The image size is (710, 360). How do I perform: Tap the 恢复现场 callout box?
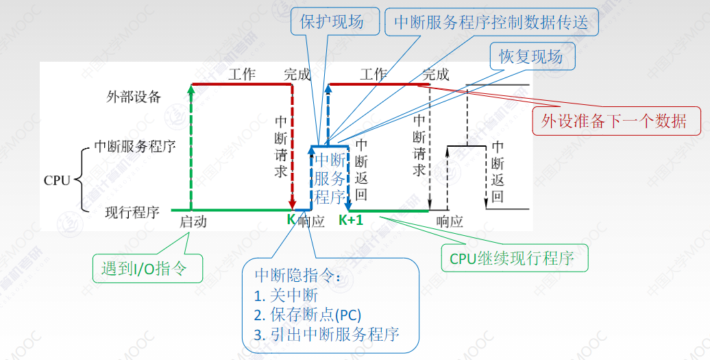pyautogui.click(x=532, y=57)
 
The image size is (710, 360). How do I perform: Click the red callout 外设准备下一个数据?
pyautogui.click(x=616, y=121)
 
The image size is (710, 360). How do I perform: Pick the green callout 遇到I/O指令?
pyautogui.click(x=147, y=269)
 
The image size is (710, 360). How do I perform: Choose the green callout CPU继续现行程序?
pyautogui.click(x=515, y=258)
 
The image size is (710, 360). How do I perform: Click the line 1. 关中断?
pyautogui.click(x=286, y=296)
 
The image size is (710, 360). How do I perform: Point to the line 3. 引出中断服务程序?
pyautogui.click(x=327, y=335)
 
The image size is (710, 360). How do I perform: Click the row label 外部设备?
pyautogui.click(x=134, y=97)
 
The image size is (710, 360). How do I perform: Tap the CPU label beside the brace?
pyautogui.click(x=57, y=180)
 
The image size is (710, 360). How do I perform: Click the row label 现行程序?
pyautogui.click(x=132, y=212)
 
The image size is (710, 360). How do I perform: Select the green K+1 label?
pyautogui.click(x=351, y=220)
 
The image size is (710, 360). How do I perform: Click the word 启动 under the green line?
pyautogui.click(x=193, y=221)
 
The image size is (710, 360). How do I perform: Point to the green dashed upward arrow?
pyautogui.click(x=191, y=147)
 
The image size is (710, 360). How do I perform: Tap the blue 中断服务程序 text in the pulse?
pyautogui.click(x=330, y=178)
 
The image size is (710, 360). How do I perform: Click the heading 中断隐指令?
pyautogui.click(x=297, y=275)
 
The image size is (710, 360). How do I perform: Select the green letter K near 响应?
pyautogui.click(x=291, y=219)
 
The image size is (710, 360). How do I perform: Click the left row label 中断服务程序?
pyautogui.click(x=135, y=146)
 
